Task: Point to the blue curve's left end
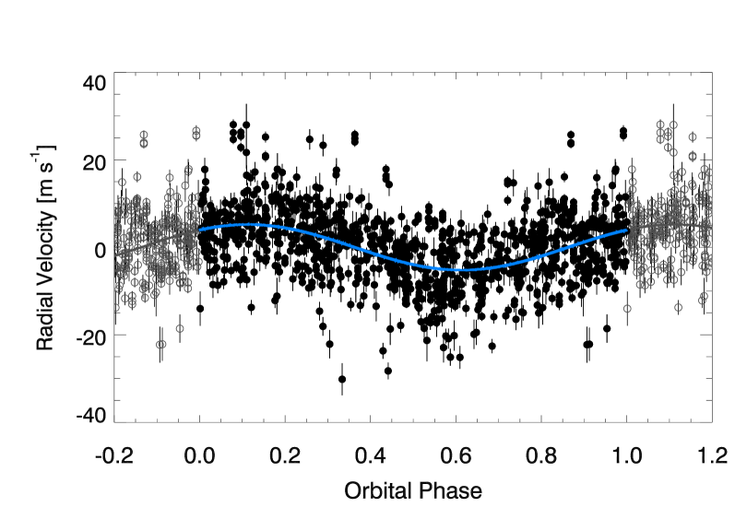199,229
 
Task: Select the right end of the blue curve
627,230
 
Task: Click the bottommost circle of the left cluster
161,345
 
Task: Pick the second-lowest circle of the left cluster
180,328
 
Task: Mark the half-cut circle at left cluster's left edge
115,308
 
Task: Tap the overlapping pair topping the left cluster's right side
196,134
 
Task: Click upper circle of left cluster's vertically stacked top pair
144,135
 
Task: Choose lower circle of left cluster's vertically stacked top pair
144,144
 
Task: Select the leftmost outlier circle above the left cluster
122,183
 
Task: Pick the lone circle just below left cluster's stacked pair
137,177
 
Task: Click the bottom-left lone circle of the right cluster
627,309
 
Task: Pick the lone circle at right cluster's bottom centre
678,308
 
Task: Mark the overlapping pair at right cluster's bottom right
703,298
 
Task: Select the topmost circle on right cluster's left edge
632,170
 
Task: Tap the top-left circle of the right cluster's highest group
660,124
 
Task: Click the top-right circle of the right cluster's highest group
673,125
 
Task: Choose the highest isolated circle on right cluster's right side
693,137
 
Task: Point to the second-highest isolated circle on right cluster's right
693,157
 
